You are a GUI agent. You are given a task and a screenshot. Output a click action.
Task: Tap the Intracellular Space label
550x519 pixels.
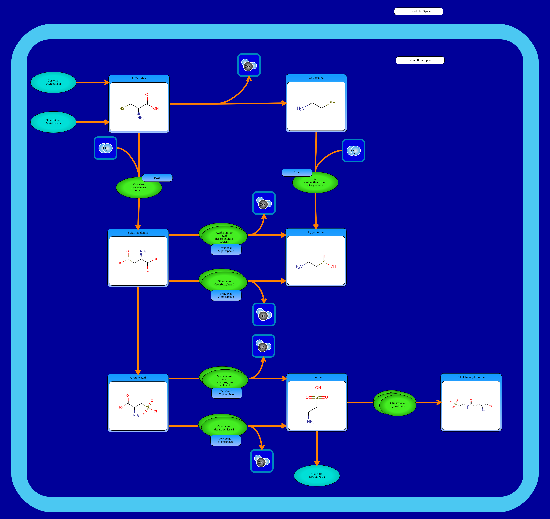420,60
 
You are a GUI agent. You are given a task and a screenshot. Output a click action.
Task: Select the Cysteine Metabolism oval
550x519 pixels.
53,82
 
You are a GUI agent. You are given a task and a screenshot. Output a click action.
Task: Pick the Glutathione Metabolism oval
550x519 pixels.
53,122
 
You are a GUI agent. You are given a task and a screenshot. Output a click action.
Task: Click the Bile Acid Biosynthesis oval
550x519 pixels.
317,475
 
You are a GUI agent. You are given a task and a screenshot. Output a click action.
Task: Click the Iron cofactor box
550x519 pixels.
297,172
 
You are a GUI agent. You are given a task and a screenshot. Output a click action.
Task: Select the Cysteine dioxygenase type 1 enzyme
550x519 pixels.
139,188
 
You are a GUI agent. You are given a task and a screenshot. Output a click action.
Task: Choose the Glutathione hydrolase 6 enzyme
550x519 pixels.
397,405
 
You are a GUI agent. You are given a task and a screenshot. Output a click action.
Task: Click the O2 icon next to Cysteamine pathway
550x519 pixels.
353,151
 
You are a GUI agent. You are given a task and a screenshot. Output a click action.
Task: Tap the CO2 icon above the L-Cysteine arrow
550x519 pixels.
249,65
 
